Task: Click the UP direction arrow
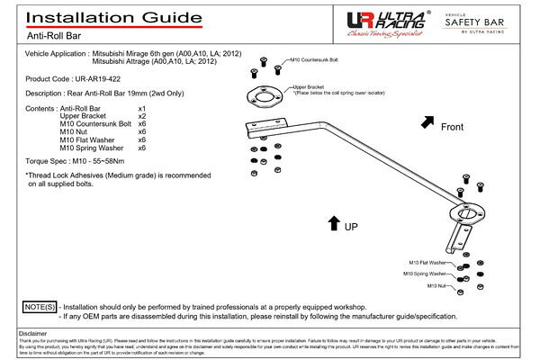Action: pos(333,222)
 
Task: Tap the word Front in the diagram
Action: pos(452,128)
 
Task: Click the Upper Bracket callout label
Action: pos(307,87)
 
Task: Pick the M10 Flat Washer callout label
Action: pos(424,261)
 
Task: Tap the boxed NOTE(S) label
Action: pos(38,307)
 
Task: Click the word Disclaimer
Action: pos(32,333)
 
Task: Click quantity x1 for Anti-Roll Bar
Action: pos(142,108)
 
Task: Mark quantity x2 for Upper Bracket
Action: pos(142,116)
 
